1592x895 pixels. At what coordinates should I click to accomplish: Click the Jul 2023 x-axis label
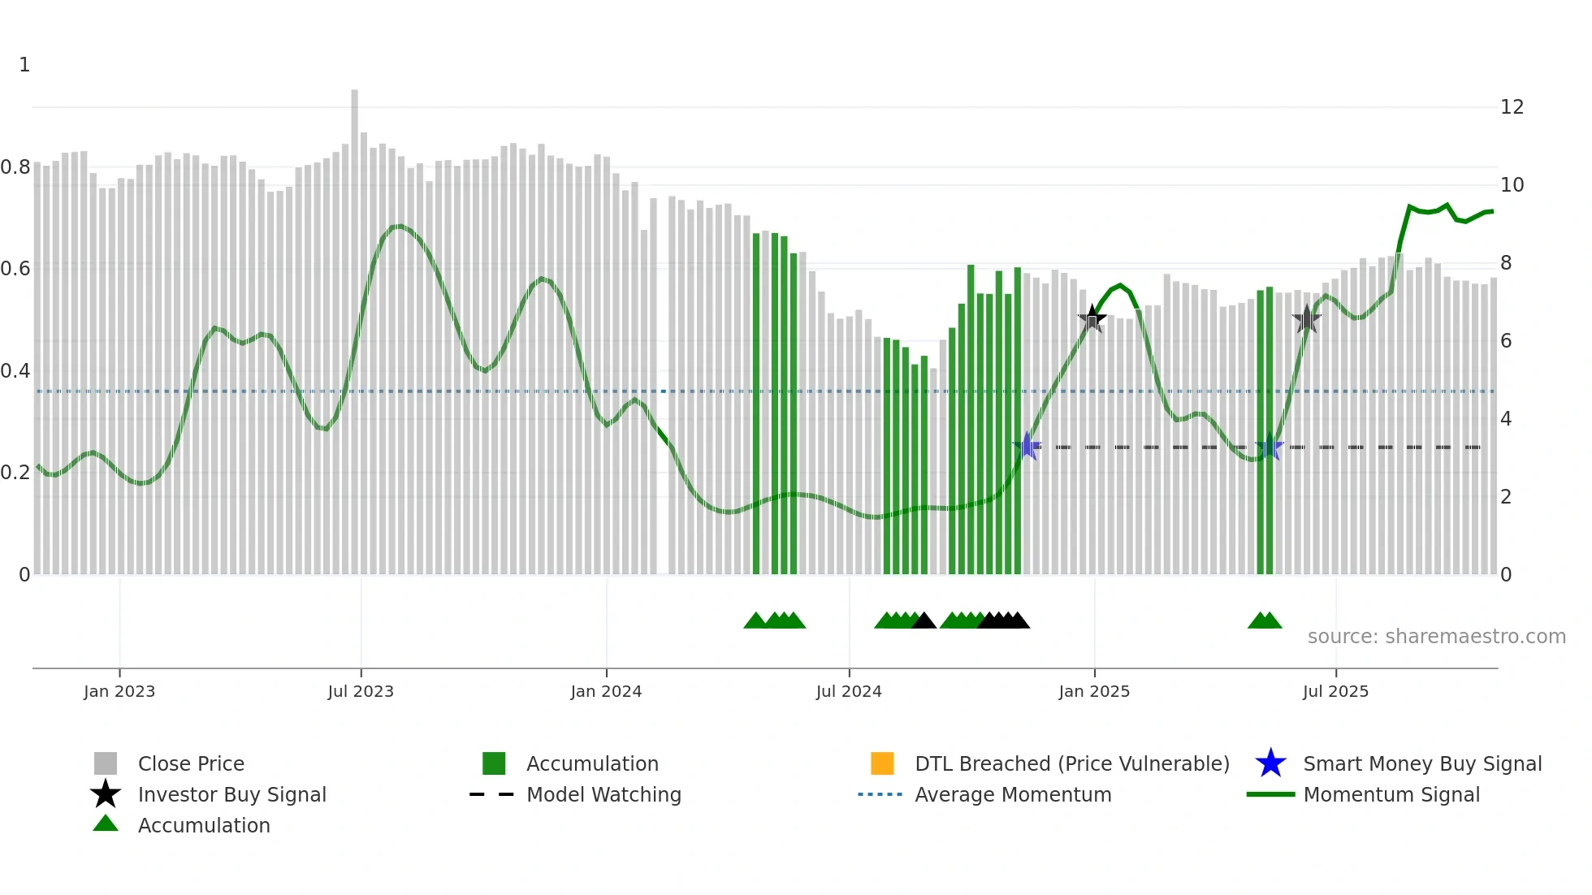coord(361,691)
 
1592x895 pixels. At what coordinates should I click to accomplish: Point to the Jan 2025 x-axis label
coord(1094,691)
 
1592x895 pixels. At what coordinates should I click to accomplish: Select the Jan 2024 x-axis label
coord(606,691)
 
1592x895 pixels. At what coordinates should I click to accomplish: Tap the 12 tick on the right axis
coord(1512,107)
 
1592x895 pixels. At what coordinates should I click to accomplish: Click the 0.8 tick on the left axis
coord(15,167)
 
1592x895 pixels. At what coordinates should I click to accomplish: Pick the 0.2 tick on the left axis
coord(15,473)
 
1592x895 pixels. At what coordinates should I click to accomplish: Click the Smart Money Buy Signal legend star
coord(1270,763)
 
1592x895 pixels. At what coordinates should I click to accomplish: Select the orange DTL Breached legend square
coord(882,763)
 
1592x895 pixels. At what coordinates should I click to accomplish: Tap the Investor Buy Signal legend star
coord(106,794)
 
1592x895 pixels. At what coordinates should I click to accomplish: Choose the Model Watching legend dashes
coord(492,794)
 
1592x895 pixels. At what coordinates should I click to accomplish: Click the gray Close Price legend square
coord(106,763)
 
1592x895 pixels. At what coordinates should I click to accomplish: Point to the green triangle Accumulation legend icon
coord(106,824)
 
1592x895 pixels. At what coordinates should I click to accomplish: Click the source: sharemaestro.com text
coord(1436,637)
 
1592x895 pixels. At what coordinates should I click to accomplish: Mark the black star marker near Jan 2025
coord(1092,318)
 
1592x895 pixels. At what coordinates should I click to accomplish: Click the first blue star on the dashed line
coord(1027,447)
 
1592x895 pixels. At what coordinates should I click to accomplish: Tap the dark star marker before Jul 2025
coord(1307,319)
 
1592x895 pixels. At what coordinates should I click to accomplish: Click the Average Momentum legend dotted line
coord(880,794)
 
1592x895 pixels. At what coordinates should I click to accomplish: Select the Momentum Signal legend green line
coord(1270,794)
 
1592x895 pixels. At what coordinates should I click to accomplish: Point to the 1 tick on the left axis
coord(24,65)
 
